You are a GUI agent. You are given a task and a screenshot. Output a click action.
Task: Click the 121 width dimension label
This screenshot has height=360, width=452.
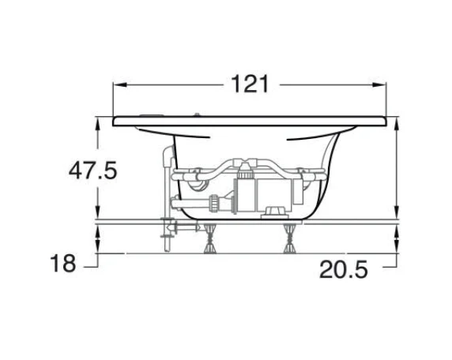pos(250,84)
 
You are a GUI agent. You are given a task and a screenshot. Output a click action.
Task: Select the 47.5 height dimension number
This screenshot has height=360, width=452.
pos(92,171)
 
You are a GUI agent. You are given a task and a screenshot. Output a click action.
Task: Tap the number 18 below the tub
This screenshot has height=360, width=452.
pos(63,263)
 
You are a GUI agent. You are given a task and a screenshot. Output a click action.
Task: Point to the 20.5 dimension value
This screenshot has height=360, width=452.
pos(344,269)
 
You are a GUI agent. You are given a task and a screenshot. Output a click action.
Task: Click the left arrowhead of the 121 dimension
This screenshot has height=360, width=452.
pos(120,84)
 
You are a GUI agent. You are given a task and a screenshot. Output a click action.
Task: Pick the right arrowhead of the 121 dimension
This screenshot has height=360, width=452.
pos(379,84)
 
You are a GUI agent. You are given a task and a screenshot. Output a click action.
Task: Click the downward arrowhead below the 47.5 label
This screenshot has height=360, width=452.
pos(98,212)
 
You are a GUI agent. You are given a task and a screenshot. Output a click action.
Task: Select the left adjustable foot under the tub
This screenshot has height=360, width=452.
pos(210,238)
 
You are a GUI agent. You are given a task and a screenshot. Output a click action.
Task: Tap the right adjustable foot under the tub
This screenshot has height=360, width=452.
pos(289,238)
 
